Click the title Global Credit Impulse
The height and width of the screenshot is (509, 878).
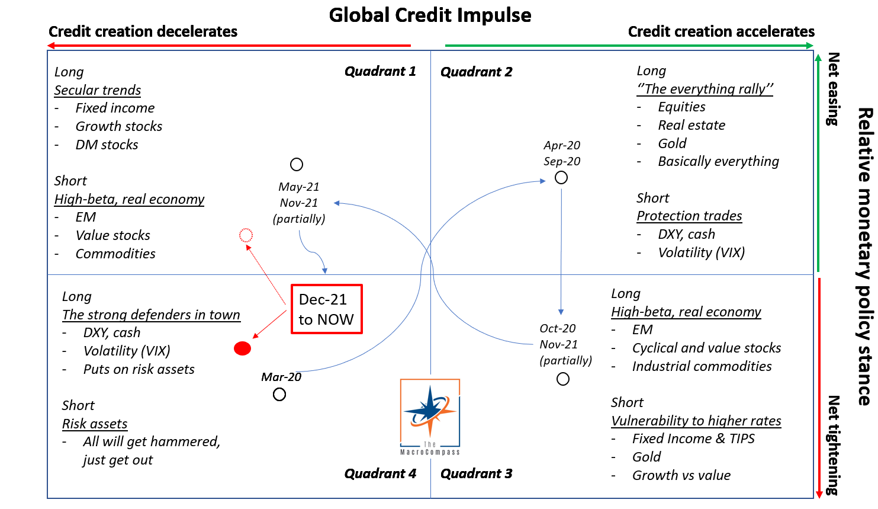(x=430, y=15)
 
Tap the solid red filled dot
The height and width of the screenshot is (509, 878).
(x=242, y=348)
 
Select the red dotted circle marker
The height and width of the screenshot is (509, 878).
(x=246, y=235)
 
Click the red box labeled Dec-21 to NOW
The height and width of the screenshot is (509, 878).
(x=326, y=309)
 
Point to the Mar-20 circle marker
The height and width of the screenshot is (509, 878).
(x=279, y=395)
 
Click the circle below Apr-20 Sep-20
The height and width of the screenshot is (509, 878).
(x=561, y=178)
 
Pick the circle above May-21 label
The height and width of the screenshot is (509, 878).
(x=297, y=165)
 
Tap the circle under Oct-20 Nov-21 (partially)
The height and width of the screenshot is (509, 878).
(x=563, y=379)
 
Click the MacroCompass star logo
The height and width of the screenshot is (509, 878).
(x=430, y=417)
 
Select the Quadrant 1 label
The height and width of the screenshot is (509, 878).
(x=380, y=72)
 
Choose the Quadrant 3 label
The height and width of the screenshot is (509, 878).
(x=476, y=473)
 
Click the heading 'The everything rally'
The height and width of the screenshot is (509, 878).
(x=705, y=89)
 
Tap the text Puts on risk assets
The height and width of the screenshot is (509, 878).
(x=139, y=369)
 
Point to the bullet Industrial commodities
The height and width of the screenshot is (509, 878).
(x=702, y=366)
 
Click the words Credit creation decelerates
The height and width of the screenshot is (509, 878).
(x=143, y=31)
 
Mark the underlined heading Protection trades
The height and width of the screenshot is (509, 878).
(x=689, y=216)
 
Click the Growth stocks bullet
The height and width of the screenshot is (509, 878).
(x=119, y=126)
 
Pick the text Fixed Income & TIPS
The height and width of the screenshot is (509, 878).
(x=693, y=438)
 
